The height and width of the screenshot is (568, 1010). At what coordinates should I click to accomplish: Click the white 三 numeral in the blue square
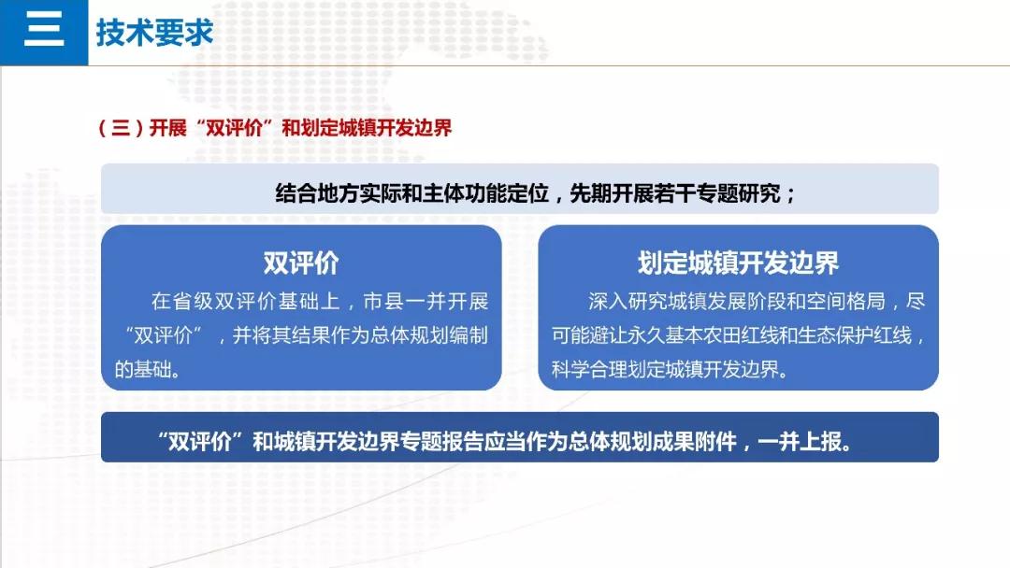(x=44, y=29)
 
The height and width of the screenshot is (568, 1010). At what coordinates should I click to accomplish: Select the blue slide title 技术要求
(x=154, y=32)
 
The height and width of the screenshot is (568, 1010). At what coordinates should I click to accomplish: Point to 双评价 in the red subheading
(x=234, y=128)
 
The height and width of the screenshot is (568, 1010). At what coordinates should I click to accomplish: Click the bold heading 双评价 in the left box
(x=301, y=263)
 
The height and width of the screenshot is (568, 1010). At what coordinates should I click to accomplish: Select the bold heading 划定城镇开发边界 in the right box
(x=738, y=263)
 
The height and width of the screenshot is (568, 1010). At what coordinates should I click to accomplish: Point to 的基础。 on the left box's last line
(x=148, y=369)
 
